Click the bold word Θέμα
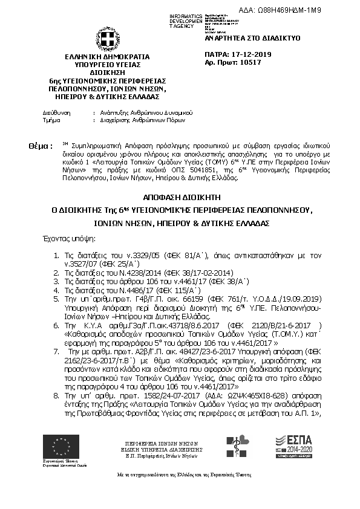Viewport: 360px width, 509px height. pos(39,146)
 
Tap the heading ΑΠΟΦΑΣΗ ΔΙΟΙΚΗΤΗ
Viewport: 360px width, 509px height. pos(180,198)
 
